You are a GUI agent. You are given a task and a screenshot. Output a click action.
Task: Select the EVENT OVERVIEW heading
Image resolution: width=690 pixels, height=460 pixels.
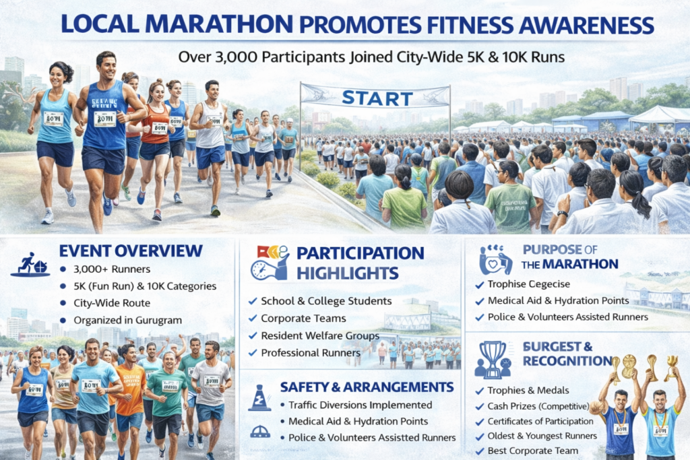(131, 251)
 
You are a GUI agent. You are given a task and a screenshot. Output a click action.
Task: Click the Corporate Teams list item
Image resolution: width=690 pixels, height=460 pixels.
(303, 318)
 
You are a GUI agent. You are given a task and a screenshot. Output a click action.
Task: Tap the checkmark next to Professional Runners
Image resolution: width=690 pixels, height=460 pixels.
(252, 353)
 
